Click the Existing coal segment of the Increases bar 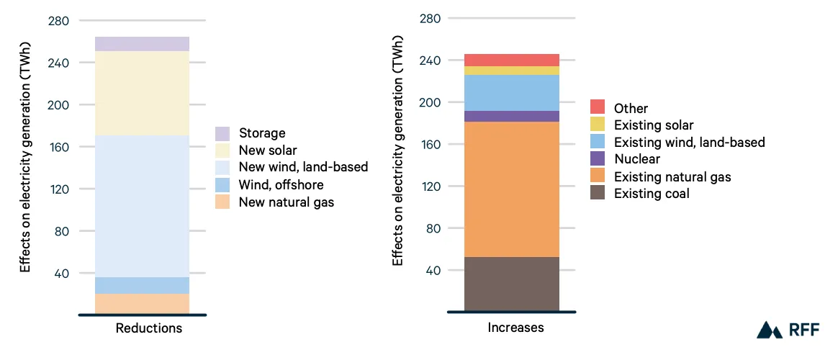[511, 284]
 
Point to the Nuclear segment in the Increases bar [511, 116]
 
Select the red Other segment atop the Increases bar [511, 60]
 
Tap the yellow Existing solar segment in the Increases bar [511, 71]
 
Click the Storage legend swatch [222, 133]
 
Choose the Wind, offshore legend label [281, 185]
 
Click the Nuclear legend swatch [598, 158]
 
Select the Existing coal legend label [652, 194]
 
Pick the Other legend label [631, 109]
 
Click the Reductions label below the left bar [149, 328]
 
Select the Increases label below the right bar [515, 327]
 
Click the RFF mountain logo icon [770, 330]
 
